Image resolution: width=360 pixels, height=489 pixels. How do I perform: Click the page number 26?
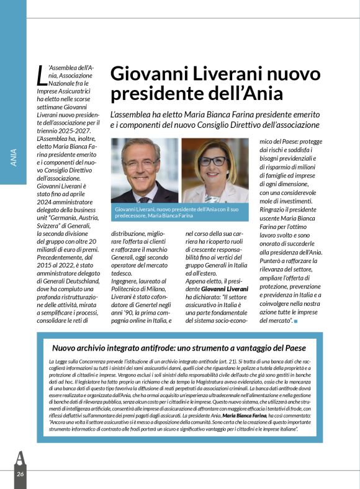tap(20, 474)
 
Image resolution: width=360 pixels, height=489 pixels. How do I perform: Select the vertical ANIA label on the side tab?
tap(14, 158)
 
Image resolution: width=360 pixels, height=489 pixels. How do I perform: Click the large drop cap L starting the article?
tap(41, 74)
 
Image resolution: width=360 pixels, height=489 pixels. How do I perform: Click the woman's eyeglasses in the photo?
tap(213, 161)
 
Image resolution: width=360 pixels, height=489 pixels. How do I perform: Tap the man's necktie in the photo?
tap(144, 199)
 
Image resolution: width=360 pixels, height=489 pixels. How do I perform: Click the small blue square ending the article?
tap(296, 321)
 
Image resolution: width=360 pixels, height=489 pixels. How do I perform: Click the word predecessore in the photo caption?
tap(136, 216)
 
